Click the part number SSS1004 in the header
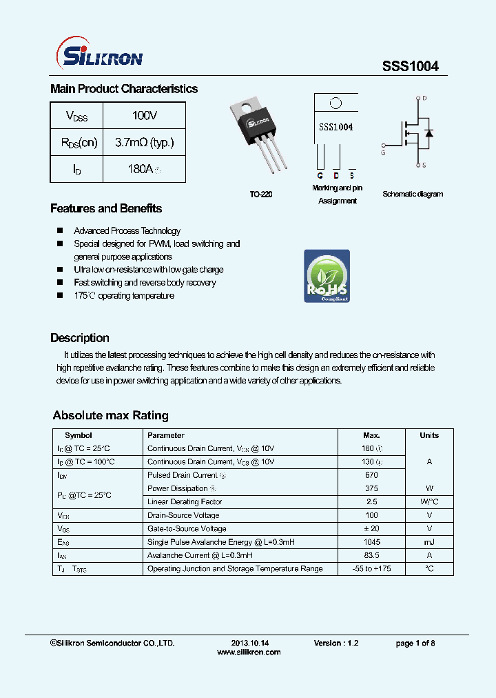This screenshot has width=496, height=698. (x=410, y=66)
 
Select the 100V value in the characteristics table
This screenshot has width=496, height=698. (x=145, y=116)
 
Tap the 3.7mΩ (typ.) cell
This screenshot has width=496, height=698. (x=144, y=143)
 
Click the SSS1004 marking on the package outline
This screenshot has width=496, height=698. (x=335, y=128)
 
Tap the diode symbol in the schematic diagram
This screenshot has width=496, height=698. (x=428, y=132)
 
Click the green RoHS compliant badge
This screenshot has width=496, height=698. (x=327, y=276)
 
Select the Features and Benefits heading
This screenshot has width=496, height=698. (x=106, y=208)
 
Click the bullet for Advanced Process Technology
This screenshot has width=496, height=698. (x=60, y=231)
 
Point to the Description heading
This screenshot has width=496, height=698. (x=80, y=338)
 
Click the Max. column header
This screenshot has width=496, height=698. (x=371, y=435)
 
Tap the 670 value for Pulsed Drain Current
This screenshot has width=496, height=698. (x=371, y=475)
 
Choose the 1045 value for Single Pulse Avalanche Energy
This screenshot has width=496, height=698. (x=371, y=542)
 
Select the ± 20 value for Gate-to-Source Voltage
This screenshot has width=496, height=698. (x=371, y=528)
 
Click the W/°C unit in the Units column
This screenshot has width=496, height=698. (x=429, y=502)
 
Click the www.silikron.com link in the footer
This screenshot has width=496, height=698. (x=249, y=652)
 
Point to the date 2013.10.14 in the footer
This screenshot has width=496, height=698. (x=245, y=643)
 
